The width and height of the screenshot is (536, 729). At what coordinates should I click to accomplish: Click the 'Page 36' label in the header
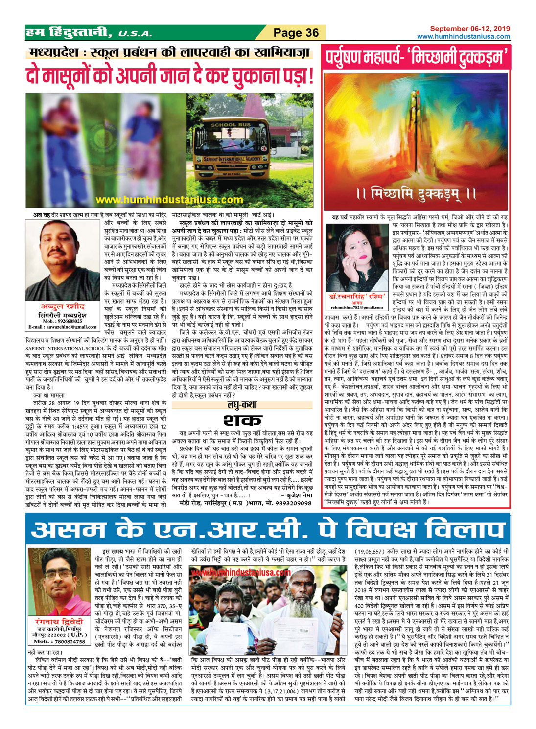pyautogui.click(x=296, y=33)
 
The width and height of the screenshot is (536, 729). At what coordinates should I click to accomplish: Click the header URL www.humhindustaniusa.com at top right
pyautogui.click(x=463, y=36)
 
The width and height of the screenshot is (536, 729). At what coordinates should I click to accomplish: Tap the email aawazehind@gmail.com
pyautogui.click(x=62, y=327)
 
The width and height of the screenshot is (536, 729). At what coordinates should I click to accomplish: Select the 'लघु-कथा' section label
pyautogui.click(x=243, y=405)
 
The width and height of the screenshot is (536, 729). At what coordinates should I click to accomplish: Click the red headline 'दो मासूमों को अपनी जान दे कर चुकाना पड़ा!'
pyautogui.click(x=170, y=76)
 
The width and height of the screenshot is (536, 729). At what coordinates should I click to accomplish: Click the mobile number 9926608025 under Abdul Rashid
pyautogui.click(x=62, y=321)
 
